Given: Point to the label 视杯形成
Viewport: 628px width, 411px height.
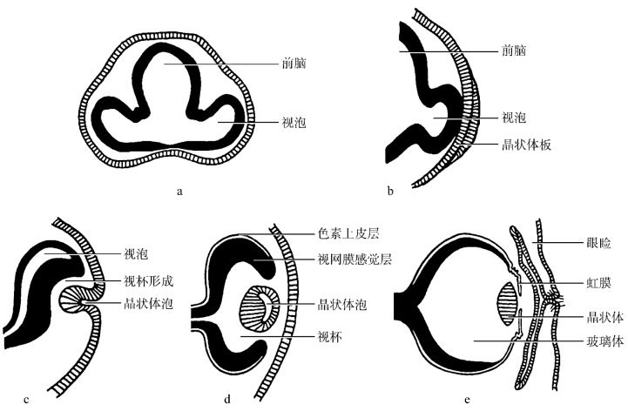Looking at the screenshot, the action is [x=147, y=282].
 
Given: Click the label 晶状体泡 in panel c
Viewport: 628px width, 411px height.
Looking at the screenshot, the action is [x=147, y=304].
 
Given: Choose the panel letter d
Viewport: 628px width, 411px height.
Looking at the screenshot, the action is [x=227, y=400].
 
